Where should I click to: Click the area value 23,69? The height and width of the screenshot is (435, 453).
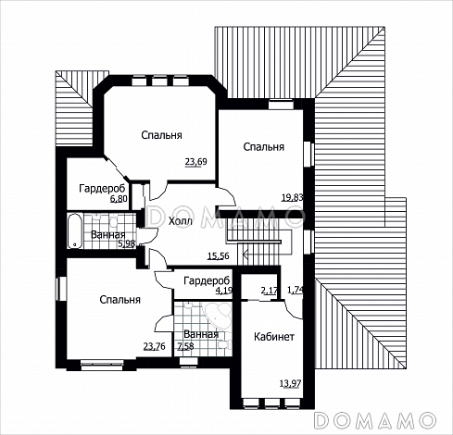[x=195, y=162]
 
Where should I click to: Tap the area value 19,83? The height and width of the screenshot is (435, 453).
[x=292, y=197]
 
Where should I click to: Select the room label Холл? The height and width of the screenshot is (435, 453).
[x=181, y=221]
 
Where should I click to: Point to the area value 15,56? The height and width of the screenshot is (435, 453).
[x=219, y=255]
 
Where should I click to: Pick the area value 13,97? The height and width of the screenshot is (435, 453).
[x=290, y=384]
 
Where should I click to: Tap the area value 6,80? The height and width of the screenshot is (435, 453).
[x=119, y=199]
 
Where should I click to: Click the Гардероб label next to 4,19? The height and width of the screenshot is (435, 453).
[x=207, y=280]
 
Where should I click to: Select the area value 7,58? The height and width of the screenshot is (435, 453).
[x=185, y=346]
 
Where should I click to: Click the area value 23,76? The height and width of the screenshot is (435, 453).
[x=155, y=346]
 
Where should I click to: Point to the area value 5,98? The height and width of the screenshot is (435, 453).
[x=127, y=243]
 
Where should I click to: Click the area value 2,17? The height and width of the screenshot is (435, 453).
[x=270, y=291]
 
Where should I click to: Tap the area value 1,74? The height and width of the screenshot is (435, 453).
[x=296, y=291]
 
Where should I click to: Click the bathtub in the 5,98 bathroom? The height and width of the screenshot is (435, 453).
[x=75, y=230]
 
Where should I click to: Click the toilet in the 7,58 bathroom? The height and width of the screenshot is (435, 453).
[x=225, y=344]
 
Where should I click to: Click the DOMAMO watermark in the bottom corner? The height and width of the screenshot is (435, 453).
[x=375, y=420]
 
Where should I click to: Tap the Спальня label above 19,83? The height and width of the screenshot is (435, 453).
[x=264, y=147]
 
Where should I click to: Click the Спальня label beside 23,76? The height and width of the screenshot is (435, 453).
[x=120, y=300]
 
